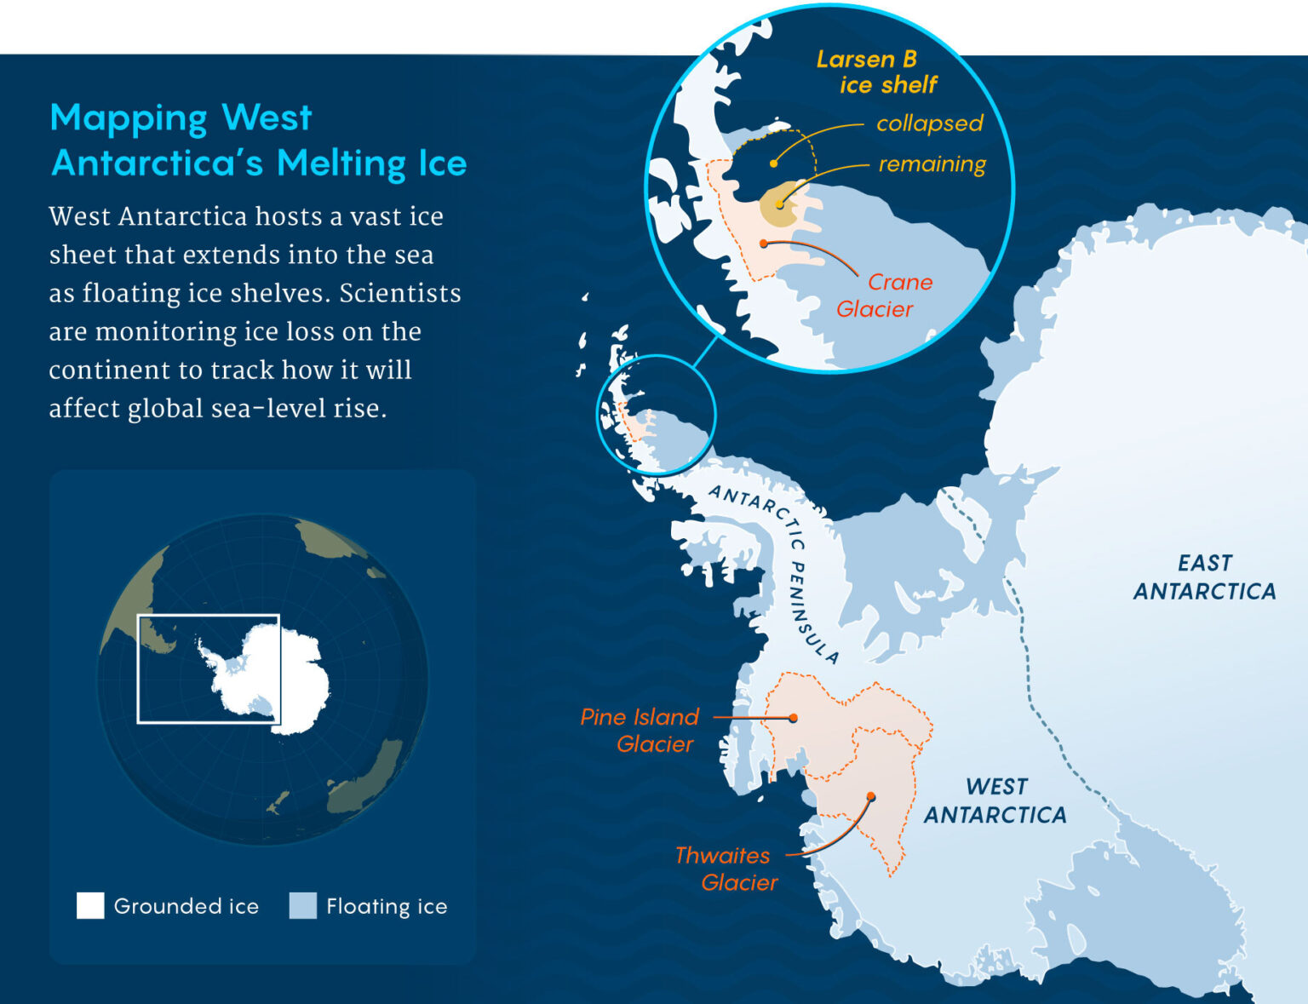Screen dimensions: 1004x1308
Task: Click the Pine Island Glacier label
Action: (639, 730)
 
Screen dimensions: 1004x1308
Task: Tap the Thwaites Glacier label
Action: (726, 869)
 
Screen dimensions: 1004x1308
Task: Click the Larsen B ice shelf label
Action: (876, 72)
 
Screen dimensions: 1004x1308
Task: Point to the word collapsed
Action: (929, 123)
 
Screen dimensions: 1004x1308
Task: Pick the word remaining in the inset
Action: (932, 164)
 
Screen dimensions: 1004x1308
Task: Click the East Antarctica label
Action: (1204, 577)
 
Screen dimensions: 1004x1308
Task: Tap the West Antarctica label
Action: (995, 800)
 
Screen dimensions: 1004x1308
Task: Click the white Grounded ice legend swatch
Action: (90, 905)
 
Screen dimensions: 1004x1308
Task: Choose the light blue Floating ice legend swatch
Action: (302, 905)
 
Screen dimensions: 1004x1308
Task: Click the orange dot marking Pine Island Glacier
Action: (793, 718)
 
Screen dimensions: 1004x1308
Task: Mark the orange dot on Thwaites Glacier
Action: (871, 797)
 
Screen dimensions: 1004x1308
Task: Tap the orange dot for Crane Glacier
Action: (764, 244)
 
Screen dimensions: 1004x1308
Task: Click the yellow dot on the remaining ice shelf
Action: (779, 205)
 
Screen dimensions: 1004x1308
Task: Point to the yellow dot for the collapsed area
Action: (773, 164)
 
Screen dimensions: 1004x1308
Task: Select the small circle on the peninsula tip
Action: (657, 414)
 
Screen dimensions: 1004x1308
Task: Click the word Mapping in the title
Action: (128, 118)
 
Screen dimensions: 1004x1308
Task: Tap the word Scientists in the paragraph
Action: (400, 293)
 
